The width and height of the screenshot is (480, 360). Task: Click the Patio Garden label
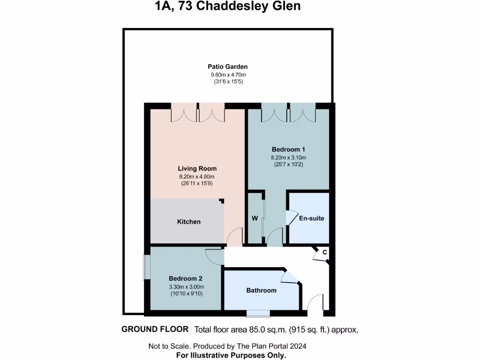[228, 67]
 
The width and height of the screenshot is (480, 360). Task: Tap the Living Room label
[197, 168]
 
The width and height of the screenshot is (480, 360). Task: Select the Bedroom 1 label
[285, 150]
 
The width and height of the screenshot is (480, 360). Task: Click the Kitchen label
[188, 222]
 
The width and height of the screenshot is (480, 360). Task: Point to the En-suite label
[312, 218]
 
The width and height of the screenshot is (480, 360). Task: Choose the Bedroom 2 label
[185, 278]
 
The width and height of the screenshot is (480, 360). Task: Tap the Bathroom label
[261, 290]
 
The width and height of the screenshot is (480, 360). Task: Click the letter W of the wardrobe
[255, 218]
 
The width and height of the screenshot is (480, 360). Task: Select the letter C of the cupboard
[324, 253]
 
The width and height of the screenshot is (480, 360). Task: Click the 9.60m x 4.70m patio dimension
[228, 75]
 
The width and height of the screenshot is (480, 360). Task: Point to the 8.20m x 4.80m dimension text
[197, 176]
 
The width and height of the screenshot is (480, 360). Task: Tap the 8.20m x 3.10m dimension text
[285, 157]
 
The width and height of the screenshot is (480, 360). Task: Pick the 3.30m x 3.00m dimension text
[187, 287]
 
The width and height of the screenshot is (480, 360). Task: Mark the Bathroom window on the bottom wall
[258, 313]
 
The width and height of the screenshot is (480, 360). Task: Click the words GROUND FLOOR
[155, 329]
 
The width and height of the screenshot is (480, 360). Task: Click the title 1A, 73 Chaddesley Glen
[228, 6]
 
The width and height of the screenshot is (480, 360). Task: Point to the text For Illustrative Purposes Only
[231, 355]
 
